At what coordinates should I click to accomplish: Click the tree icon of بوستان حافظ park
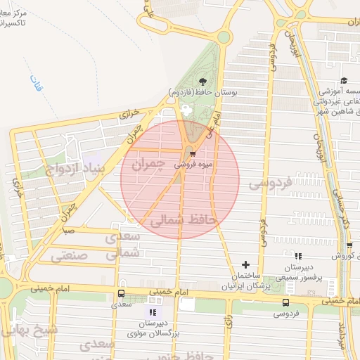click(203, 82)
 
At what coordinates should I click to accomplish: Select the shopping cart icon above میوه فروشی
click(192, 154)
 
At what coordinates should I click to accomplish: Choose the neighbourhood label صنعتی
click(70, 256)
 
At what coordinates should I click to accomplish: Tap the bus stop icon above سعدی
click(121, 293)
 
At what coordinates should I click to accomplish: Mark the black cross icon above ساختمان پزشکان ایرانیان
click(245, 265)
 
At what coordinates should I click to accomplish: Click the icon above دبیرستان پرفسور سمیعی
click(298, 257)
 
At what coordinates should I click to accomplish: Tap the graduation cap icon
click(344, 81)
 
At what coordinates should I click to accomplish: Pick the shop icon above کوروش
click(349, 245)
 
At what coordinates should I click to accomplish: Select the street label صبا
click(69, 230)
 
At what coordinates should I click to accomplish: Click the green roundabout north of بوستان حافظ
click(224, 37)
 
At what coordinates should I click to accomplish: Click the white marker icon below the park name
click(186, 110)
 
